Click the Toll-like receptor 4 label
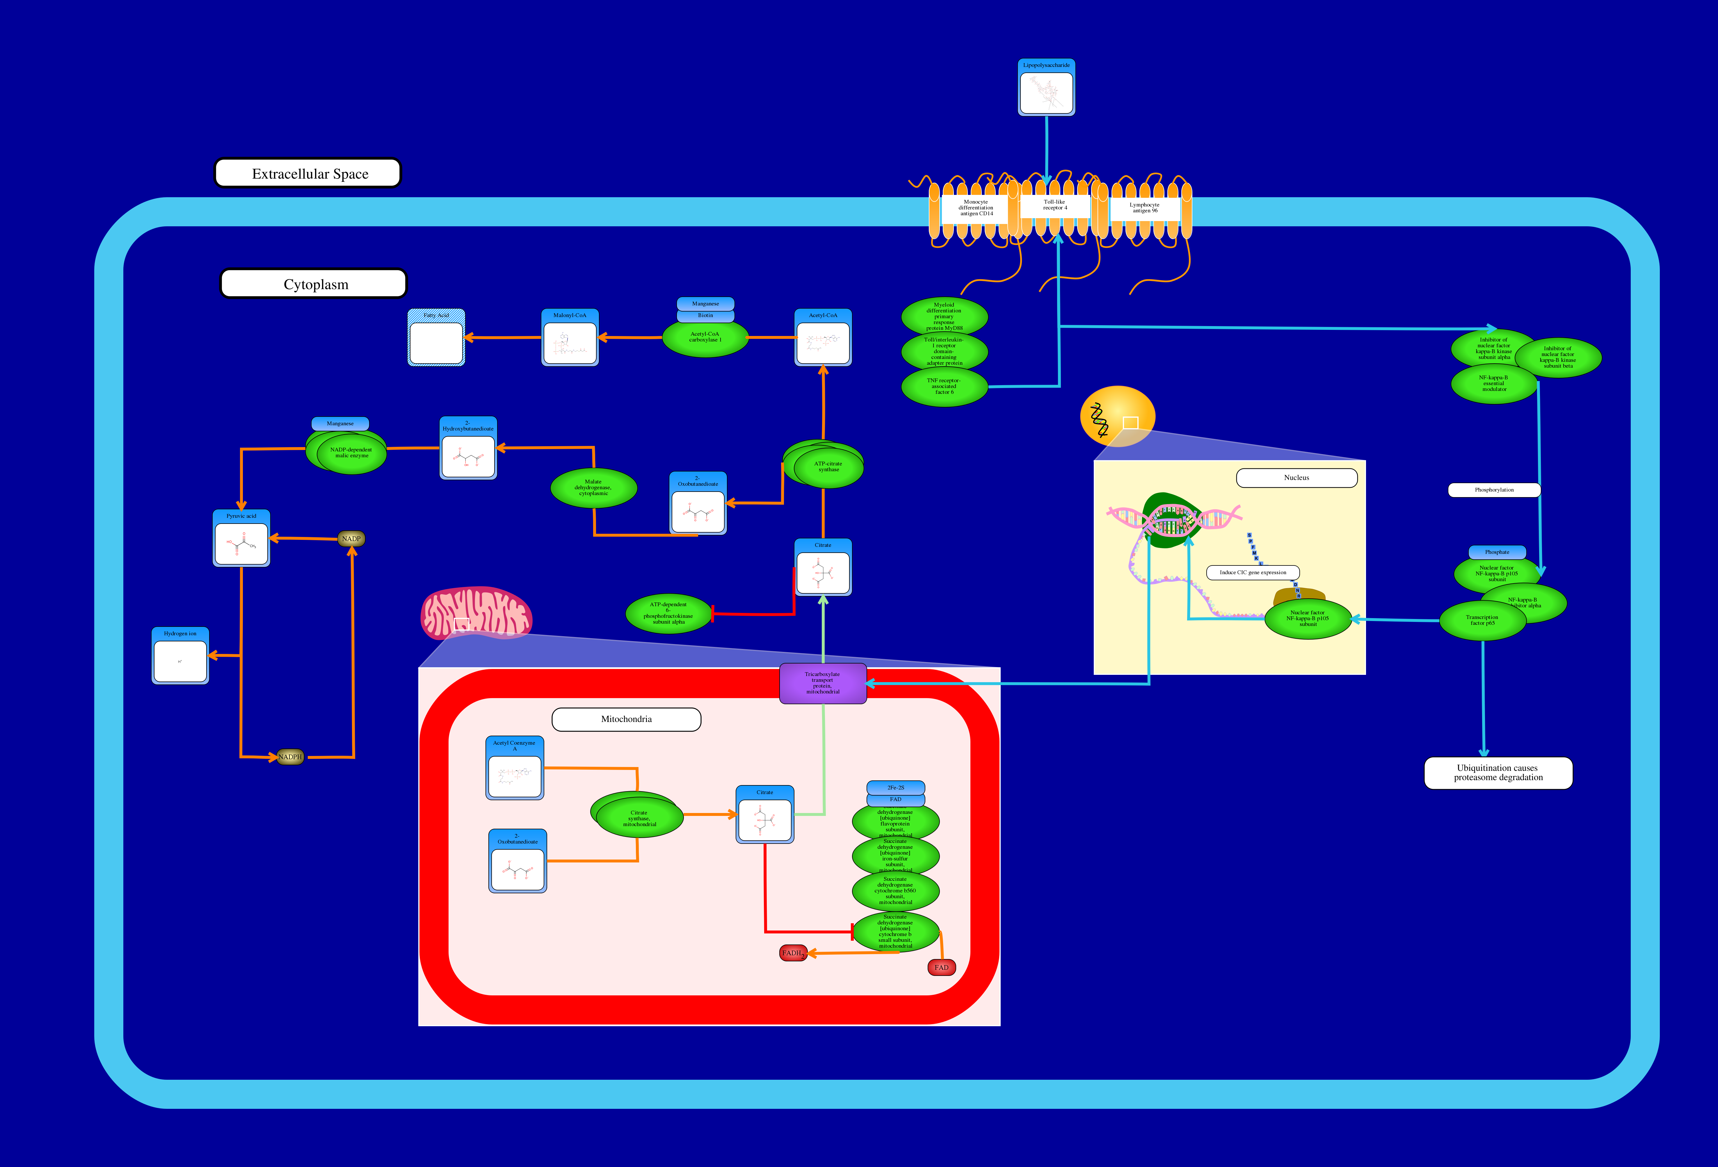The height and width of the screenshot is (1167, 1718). click(x=1055, y=205)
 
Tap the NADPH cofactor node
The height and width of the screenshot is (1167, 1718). click(x=290, y=757)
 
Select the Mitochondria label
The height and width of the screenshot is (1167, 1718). click(x=626, y=719)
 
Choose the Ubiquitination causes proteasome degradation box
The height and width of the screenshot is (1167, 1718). click(x=1498, y=773)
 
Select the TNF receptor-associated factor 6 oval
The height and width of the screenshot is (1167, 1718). click(x=944, y=387)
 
